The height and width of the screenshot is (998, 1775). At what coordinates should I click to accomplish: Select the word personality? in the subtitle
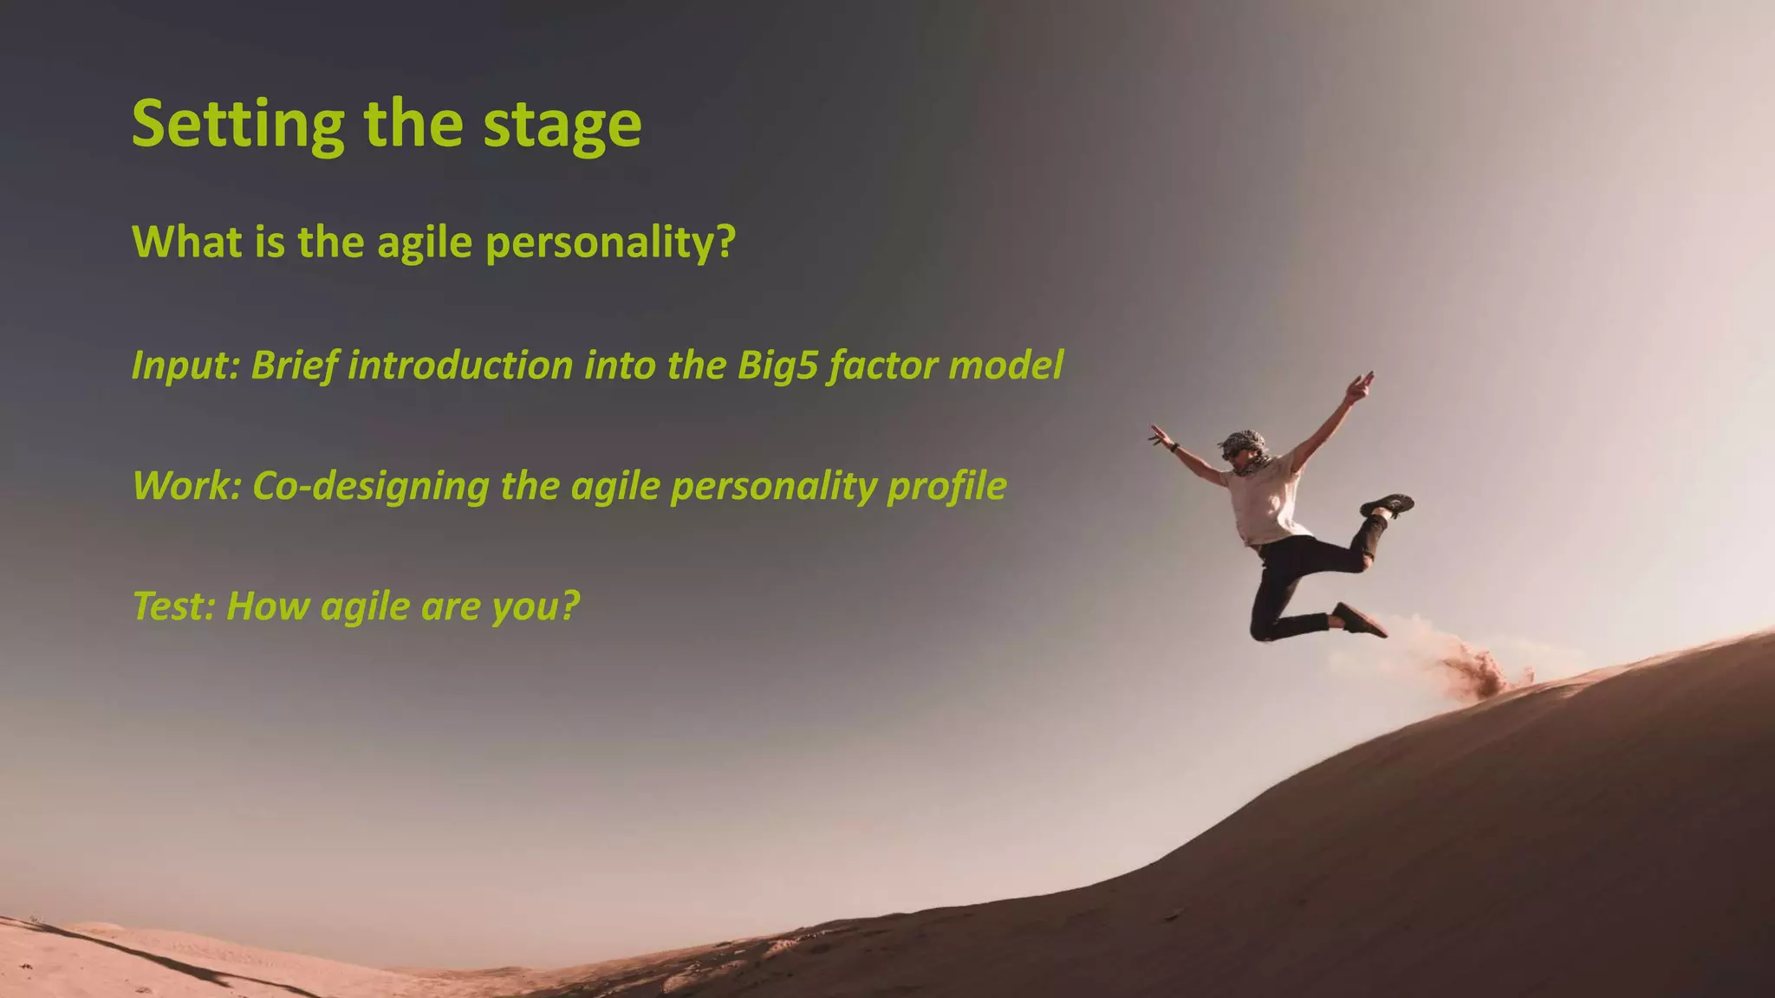pos(610,243)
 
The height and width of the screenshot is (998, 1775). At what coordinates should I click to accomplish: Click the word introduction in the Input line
pos(460,366)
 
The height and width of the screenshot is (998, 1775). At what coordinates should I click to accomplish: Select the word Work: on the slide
pos(186,486)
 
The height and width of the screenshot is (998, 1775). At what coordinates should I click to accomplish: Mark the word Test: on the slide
pos(174,606)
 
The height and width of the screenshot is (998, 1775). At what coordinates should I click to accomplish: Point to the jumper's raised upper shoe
pos(1387,504)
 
